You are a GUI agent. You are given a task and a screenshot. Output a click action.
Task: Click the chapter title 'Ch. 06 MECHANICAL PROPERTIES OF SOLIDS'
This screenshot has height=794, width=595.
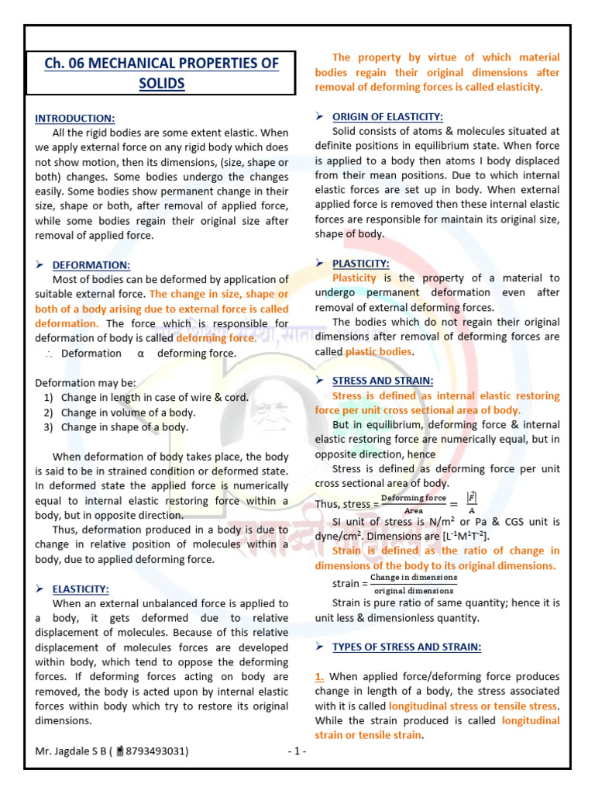160,73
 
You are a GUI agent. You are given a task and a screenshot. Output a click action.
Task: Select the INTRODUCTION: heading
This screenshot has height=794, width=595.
75,118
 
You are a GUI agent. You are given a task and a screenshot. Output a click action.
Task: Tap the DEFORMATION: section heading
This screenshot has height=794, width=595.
85,265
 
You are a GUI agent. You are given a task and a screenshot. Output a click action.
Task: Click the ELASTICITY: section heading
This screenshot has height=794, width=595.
81,589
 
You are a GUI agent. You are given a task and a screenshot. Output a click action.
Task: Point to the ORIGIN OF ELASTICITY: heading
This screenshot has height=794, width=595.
387,116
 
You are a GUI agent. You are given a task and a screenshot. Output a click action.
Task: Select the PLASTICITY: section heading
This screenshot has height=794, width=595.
360,264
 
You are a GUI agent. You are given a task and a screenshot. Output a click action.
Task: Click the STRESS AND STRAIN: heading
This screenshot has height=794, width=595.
383,381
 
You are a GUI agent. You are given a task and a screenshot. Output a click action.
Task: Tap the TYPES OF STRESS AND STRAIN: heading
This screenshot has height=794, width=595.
407,647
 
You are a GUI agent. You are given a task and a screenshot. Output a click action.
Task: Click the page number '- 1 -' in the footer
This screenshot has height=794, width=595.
297,751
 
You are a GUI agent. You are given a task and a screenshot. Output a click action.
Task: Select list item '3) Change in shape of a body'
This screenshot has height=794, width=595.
116,427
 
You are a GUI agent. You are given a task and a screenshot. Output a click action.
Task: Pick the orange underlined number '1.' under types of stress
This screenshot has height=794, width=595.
320,677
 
